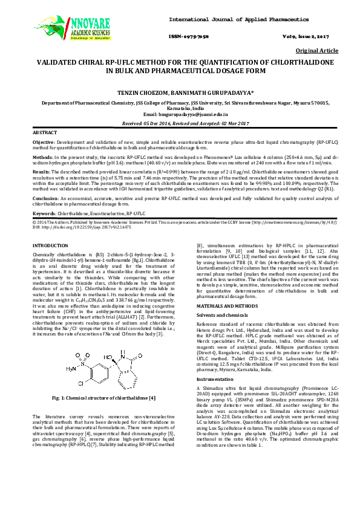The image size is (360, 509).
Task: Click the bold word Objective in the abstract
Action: click(x=43, y=141)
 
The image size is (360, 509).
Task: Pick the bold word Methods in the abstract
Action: click(x=42, y=155)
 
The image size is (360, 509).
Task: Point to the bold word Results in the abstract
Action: click(x=41, y=172)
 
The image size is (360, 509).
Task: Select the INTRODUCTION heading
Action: click(x=50, y=245)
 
